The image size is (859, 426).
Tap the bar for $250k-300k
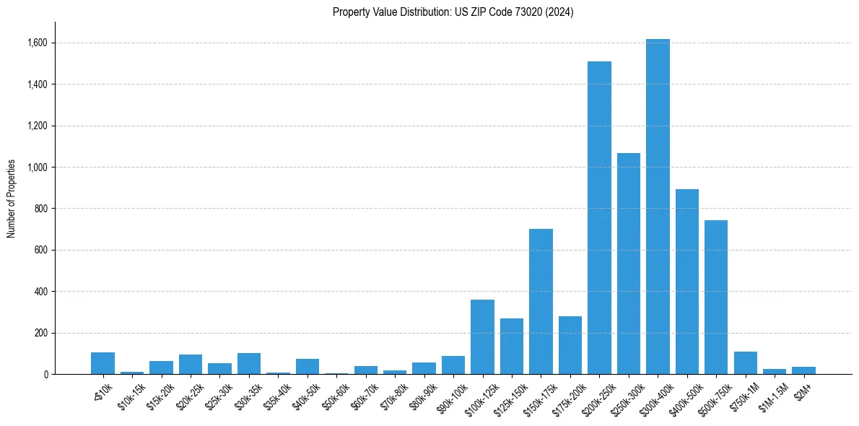[629, 264]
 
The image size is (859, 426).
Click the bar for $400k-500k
[687, 282]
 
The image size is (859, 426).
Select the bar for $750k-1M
[745, 363]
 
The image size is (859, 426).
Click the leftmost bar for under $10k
[103, 363]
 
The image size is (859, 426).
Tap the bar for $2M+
[803, 370]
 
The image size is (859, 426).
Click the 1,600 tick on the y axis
[38, 43]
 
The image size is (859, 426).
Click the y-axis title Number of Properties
[12, 199]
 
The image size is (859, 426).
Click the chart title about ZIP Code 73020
[453, 12]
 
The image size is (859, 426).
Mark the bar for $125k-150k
[512, 347]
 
